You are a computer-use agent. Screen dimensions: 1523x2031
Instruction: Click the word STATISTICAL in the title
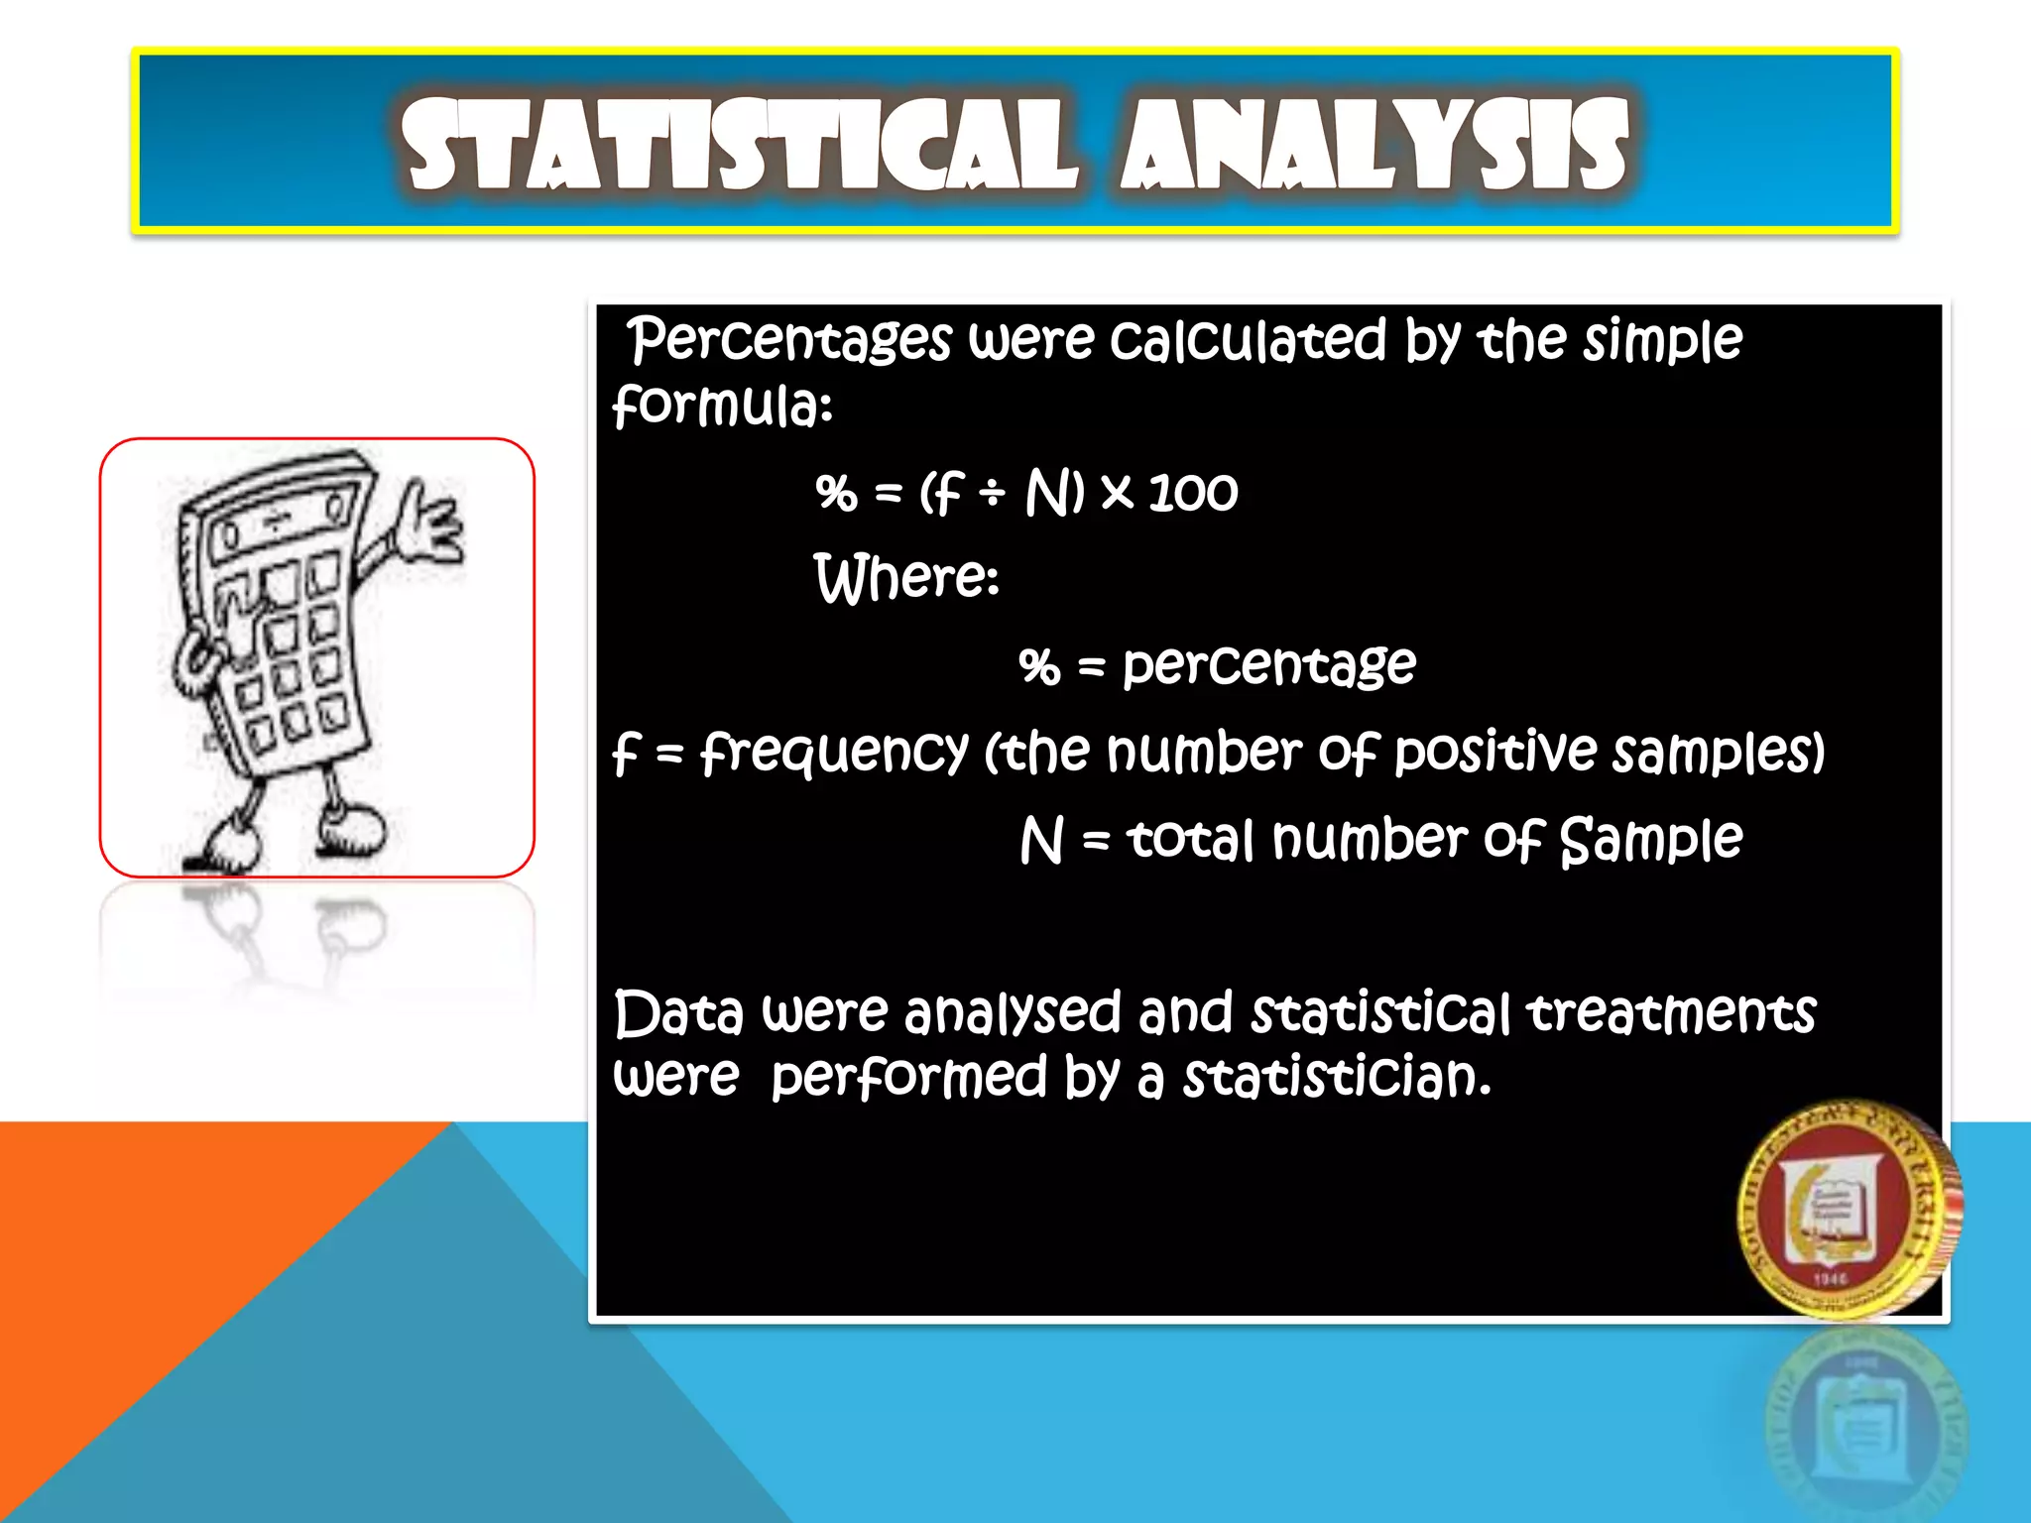pos(739,146)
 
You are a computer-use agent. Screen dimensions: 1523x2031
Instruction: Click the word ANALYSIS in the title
pos(1374,146)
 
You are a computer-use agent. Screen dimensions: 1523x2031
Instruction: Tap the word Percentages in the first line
pos(789,341)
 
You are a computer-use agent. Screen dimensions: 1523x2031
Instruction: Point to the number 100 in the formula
pos(1193,492)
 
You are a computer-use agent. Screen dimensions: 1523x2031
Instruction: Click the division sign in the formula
pos(992,492)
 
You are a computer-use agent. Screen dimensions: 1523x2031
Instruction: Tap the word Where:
pos(906,578)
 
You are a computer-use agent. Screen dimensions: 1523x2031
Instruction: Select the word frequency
pos(833,754)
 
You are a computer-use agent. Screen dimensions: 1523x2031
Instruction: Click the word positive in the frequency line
pos(1496,752)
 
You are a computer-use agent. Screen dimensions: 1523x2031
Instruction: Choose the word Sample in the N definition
pos(1650,841)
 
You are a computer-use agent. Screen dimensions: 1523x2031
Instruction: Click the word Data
pos(678,1013)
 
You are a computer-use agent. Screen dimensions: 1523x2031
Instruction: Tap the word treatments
pos(1671,1013)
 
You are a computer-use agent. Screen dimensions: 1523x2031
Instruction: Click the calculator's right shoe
pos(352,831)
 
